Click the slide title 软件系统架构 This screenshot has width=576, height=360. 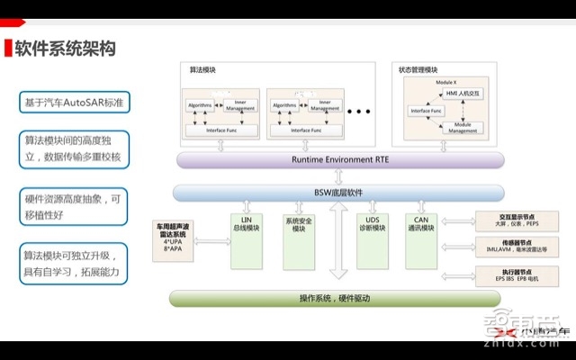(x=65, y=49)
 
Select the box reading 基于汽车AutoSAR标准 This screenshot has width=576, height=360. (x=76, y=103)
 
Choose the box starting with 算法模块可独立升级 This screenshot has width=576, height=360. (x=76, y=262)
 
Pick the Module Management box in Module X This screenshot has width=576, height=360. (x=463, y=127)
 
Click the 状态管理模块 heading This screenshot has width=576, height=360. (x=418, y=69)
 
